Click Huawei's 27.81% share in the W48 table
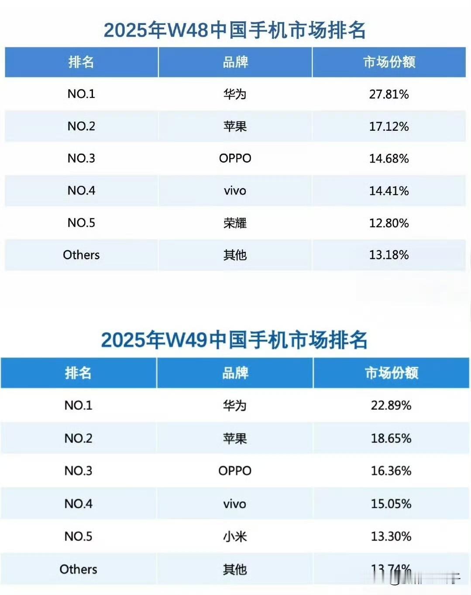388,94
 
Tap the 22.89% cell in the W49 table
391,405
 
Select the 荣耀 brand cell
235,223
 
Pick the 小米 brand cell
235,536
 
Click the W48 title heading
235,30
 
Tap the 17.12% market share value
388,126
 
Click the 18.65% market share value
391,438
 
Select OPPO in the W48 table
235,158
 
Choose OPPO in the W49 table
235,471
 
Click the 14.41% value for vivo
388,191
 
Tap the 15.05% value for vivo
391,504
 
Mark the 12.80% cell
388,223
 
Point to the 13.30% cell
391,536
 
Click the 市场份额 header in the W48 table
389,62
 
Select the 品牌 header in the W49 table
235,373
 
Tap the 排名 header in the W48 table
81,62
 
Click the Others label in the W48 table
81,255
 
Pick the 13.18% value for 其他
388,255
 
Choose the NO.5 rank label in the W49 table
78,536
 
